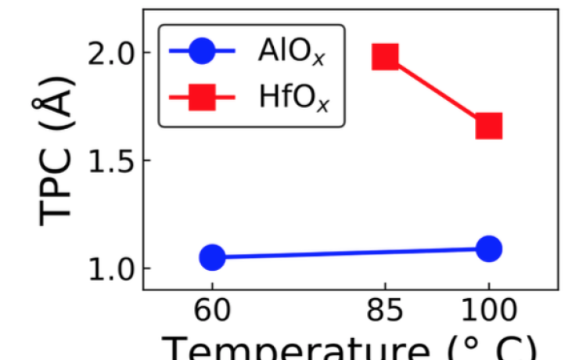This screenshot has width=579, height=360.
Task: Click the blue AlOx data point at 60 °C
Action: click(x=212, y=257)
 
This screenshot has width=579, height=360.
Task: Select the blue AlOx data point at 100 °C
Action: click(x=488, y=249)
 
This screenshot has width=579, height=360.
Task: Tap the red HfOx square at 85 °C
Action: click(x=386, y=56)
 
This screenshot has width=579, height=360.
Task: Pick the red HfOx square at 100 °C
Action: click(x=488, y=125)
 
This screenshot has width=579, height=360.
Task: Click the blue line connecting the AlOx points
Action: click(x=350, y=253)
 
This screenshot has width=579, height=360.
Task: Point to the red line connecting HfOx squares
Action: click(x=437, y=91)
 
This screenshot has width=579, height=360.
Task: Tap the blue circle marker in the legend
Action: click(x=202, y=53)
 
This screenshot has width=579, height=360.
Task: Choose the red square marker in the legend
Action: click(x=202, y=98)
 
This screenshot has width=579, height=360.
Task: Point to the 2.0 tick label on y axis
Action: click(x=110, y=52)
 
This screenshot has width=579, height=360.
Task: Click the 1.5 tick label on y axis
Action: click(x=110, y=160)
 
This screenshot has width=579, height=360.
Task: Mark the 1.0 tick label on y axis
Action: click(x=110, y=268)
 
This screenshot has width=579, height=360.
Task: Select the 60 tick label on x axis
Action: click(x=212, y=311)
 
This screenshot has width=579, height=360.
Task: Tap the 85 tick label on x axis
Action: click(x=386, y=311)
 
